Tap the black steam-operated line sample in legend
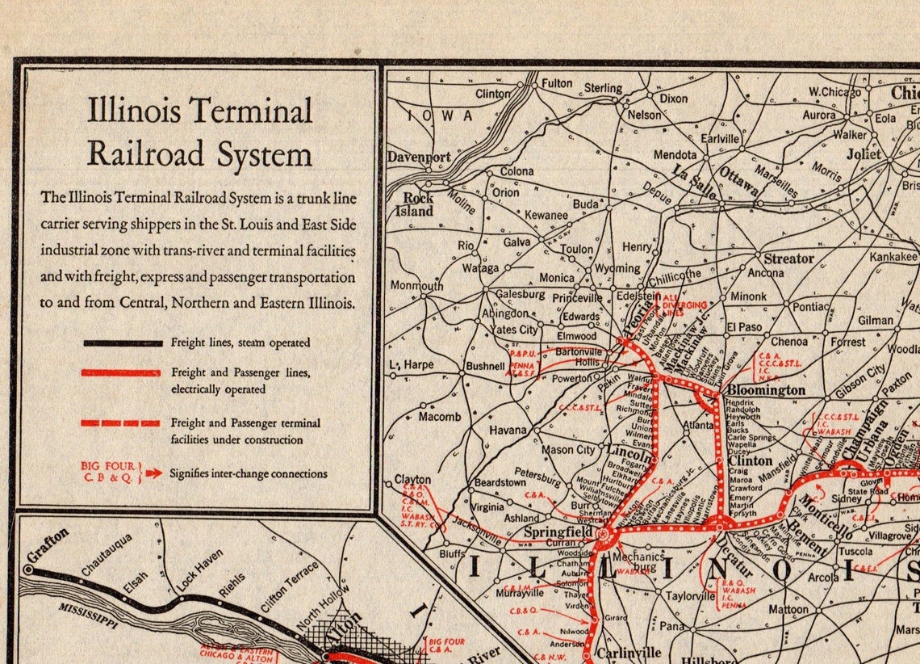(123, 343)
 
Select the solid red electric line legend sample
(123, 372)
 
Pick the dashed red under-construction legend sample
(121, 422)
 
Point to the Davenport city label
(418, 157)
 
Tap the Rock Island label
(418, 204)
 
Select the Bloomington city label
(765, 390)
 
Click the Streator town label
(788, 258)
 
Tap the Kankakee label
(893, 257)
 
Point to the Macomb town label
(440, 417)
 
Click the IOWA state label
(440, 116)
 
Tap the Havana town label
(508, 431)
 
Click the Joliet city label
(864, 153)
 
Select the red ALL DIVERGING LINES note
(684, 305)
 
